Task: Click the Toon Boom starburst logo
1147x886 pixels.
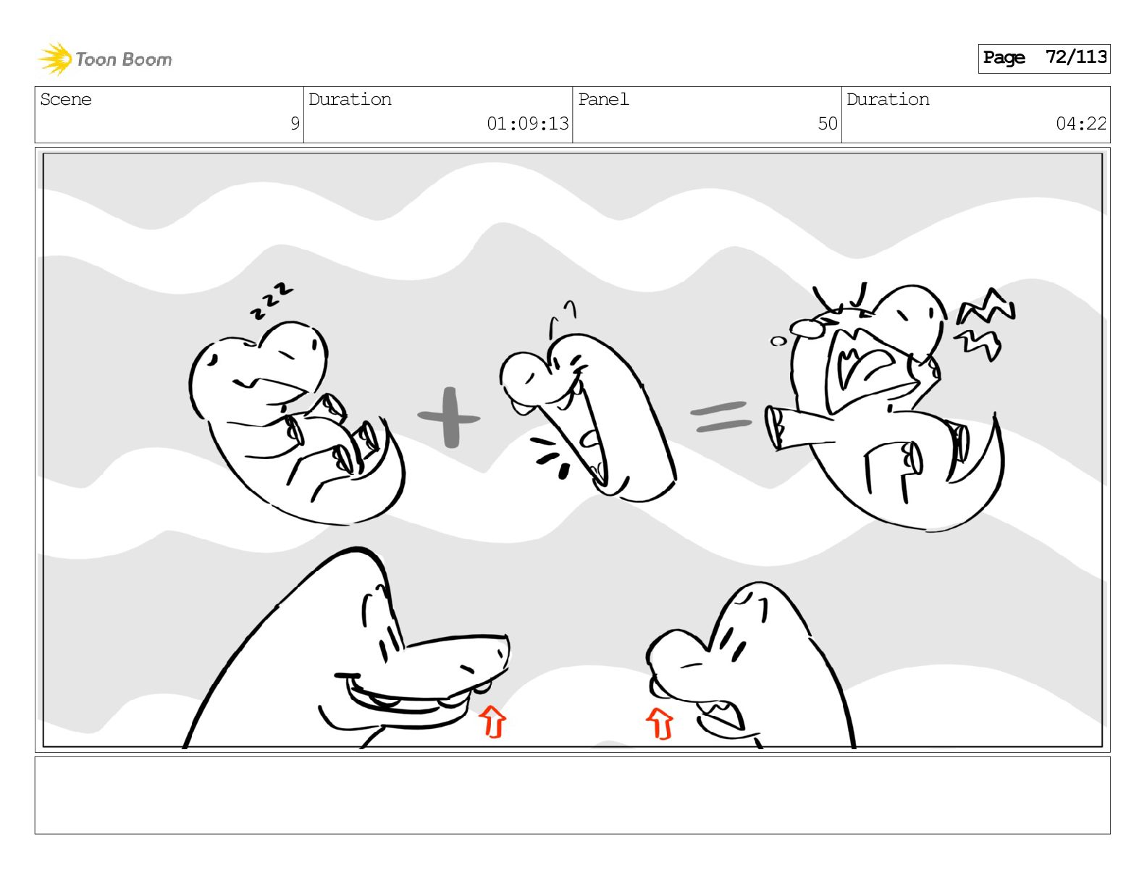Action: (55, 59)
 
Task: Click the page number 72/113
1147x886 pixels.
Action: (1076, 57)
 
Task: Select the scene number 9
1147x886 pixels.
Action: (295, 124)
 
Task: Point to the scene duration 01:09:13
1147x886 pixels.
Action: (527, 124)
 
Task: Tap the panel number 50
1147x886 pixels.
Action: (827, 124)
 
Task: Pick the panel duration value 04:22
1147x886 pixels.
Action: (1080, 124)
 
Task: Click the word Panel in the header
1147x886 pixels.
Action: (603, 99)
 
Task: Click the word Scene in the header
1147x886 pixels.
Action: (66, 99)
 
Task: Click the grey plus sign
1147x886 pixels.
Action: (449, 418)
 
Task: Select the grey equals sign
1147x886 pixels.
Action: (721, 416)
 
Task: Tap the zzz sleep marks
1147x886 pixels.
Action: (272, 301)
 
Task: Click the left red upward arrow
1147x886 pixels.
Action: (492, 722)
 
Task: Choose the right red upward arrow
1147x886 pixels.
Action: (660, 723)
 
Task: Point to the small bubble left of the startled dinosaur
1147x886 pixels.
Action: (778, 342)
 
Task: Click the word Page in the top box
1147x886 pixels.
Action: (1004, 57)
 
